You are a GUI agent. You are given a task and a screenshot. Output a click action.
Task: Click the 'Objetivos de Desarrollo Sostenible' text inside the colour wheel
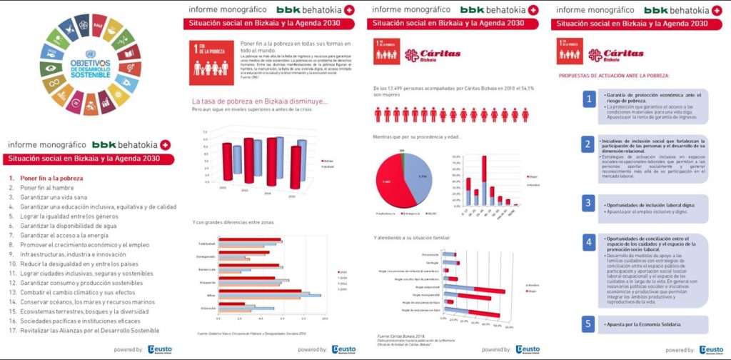(90, 68)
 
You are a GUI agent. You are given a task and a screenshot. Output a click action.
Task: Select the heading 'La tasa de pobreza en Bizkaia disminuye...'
(260, 101)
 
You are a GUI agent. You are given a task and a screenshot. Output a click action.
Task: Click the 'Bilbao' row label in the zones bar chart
(211, 294)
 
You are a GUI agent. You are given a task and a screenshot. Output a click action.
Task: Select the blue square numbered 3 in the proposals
(588, 204)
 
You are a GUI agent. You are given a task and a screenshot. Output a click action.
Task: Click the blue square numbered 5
(588, 324)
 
